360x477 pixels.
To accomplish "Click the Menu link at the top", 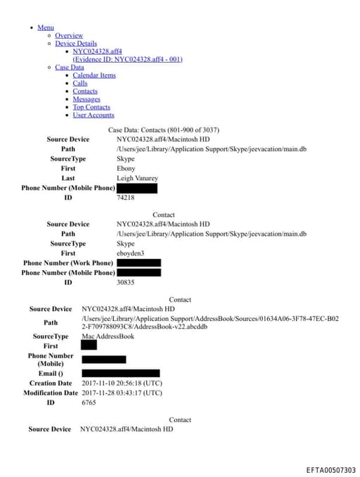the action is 46,27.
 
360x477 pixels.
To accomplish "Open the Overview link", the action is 69,35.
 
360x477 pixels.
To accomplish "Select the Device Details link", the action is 76,44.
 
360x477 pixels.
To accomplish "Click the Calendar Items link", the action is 94,75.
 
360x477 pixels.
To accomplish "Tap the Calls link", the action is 80,83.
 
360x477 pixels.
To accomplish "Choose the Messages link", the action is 86,99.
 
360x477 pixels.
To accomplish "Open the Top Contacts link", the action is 91,107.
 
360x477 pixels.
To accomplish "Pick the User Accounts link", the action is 93,115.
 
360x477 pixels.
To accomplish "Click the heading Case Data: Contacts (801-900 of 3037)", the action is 164,130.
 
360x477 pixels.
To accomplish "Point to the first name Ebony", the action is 126,169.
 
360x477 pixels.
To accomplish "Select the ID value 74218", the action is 125,198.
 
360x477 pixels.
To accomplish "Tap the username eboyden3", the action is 131,253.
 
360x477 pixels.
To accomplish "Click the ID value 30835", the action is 125,282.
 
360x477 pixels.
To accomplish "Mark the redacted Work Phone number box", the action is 139,263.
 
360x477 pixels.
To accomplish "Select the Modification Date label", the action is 51,393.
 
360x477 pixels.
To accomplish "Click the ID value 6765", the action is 89,402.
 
